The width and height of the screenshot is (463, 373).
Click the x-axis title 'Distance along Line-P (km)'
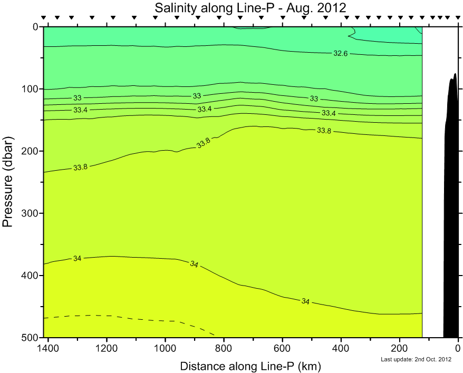[250, 366]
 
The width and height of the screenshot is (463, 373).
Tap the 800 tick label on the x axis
[224, 348]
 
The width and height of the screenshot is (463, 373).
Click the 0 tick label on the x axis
[458, 348]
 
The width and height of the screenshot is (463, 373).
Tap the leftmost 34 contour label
[78, 258]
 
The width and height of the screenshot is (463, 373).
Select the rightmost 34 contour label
[306, 301]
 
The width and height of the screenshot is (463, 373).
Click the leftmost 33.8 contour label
[80, 168]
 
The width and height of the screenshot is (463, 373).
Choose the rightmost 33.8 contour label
[324, 131]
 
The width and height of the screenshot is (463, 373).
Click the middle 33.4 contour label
[205, 109]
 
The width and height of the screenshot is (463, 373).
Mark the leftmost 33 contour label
[78, 98]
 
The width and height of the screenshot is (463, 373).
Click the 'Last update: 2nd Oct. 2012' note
[416, 360]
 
